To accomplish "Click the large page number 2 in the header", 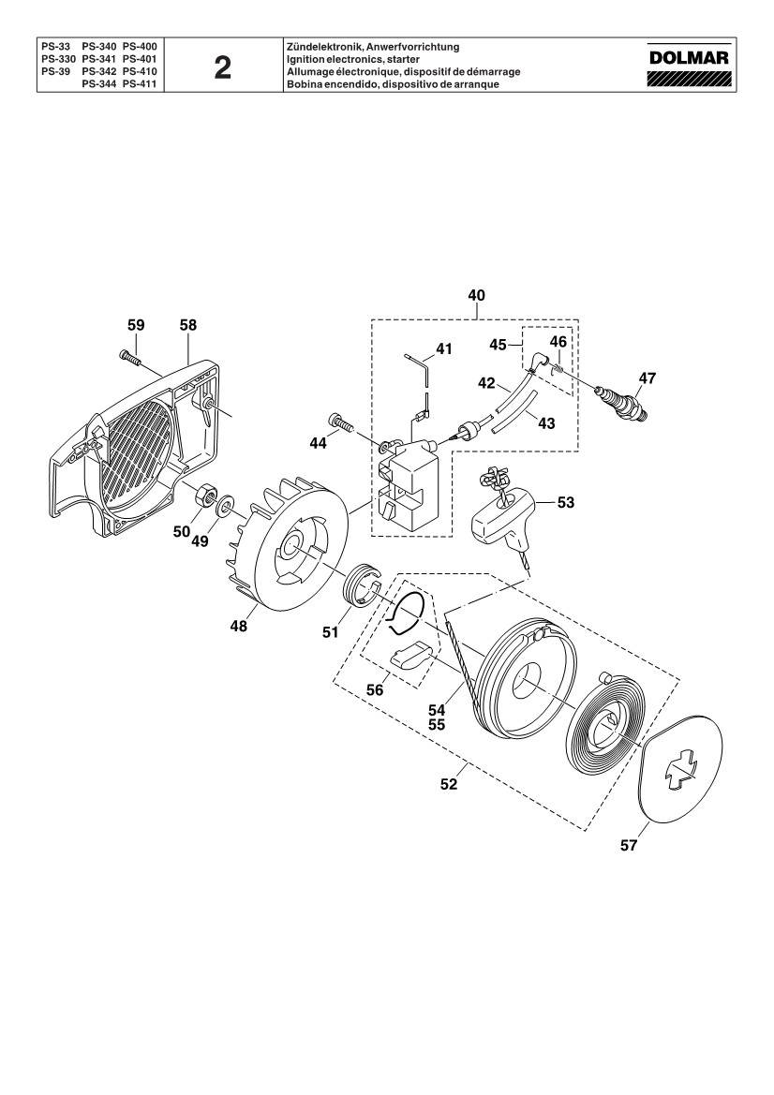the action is point(222,68).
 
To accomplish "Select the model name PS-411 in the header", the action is point(139,83).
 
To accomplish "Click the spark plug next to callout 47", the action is point(621,403).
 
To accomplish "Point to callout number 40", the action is point(476,295).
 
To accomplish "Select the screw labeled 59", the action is point(130,356).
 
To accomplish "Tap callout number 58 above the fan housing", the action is point(188,325).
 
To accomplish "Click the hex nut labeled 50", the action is point(204,494).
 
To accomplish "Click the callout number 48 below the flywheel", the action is point(239,627).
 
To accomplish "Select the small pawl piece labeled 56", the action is point(410,656).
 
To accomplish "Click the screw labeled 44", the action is point(340,422).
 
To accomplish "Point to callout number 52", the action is point(449,784).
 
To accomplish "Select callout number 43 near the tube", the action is point(547,423).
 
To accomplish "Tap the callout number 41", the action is point(444,348).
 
